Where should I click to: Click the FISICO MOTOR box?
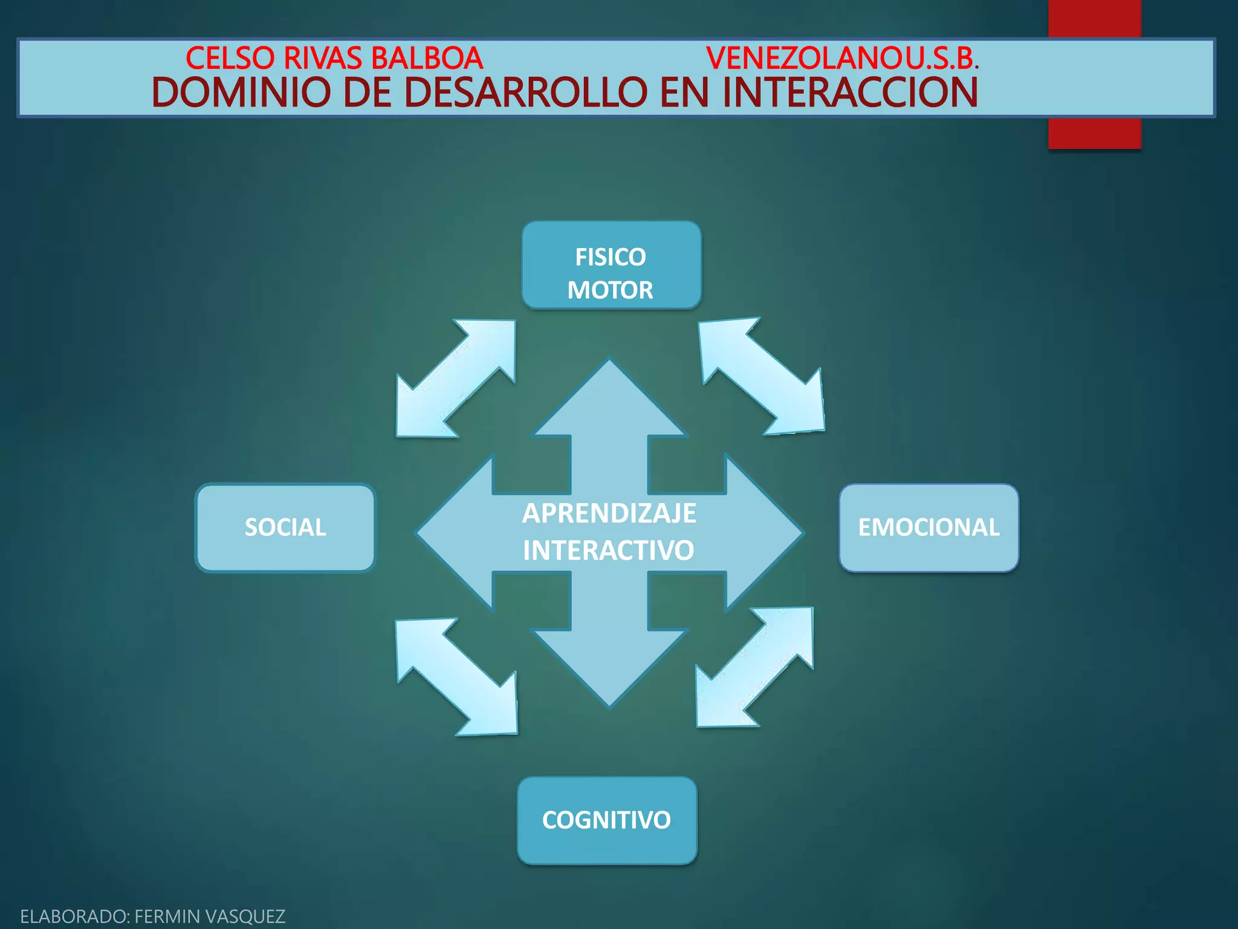click(x=611, y=265)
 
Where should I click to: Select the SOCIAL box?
click(x=285, y=527)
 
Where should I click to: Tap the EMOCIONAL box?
click(x=928, y=527)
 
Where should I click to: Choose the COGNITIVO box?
click(x=607, y=820)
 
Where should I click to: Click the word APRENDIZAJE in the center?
click(x=609, y=513)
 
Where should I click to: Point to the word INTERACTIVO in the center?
click(x=608, y=550)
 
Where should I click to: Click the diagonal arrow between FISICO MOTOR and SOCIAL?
click(x=456, y=379)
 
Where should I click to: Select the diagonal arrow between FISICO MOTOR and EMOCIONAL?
click(x=762, y=376)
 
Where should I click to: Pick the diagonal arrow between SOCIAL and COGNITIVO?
click(x=457, y=676)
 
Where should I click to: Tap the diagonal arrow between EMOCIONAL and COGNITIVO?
click(x=754, y=667)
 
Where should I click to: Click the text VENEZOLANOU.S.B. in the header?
click(x=842, y=58)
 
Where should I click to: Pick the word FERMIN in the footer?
click(x=167, y=916)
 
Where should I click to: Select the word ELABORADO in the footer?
click(x=73, y=916)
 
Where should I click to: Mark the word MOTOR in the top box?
click(x=610, y=290)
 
